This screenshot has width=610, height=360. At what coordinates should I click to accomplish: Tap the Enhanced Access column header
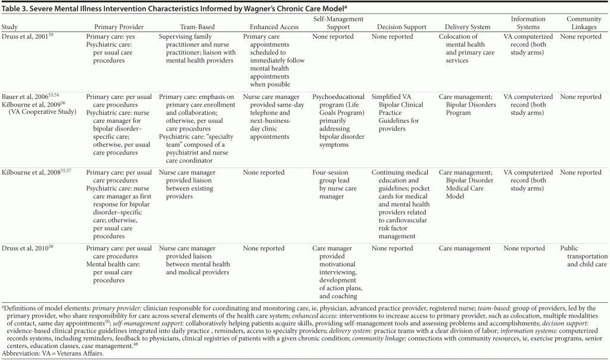[271, 27]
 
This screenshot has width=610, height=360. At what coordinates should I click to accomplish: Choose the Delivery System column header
[468, 27]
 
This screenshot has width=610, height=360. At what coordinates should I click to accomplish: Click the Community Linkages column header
[584, 23]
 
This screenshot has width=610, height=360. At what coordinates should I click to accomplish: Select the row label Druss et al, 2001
[26, 37]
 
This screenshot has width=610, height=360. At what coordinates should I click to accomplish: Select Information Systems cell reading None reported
[524, 249]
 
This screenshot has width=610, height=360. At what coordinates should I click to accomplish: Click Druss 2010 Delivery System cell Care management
[465, 249]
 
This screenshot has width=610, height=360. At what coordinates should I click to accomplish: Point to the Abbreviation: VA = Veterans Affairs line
[57, 353]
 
